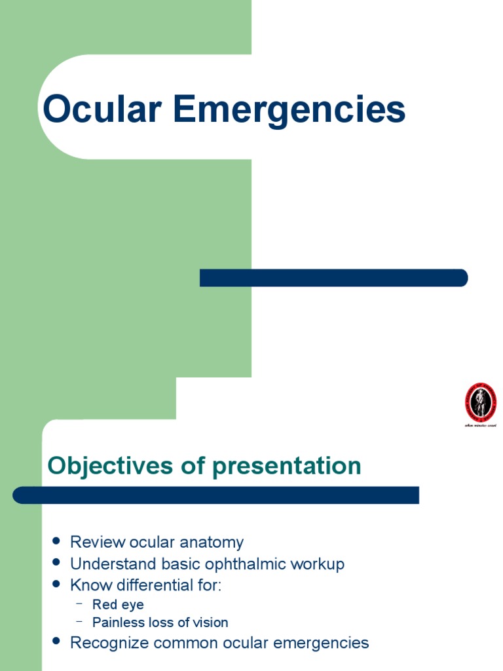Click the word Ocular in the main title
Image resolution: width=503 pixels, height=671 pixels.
[102, 109]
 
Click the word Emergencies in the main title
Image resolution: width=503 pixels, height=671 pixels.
[289, 111]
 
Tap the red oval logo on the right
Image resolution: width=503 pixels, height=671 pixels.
[481, 402]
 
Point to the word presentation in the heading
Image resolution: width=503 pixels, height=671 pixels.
[286, 467]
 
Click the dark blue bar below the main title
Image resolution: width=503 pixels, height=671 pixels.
[333, 278]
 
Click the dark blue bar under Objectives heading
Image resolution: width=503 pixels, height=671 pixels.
[215, 495]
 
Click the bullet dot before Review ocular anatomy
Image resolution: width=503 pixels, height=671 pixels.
[56, 542]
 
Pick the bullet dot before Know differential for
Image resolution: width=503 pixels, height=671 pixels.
[56, 585]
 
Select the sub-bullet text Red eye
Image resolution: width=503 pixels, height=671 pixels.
[118, 605]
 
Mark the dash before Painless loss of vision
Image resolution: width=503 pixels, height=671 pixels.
[79, 621]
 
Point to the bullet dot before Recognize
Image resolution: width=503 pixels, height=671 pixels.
[56, 642]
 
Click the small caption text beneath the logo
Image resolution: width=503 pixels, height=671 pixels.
[481, 426]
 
